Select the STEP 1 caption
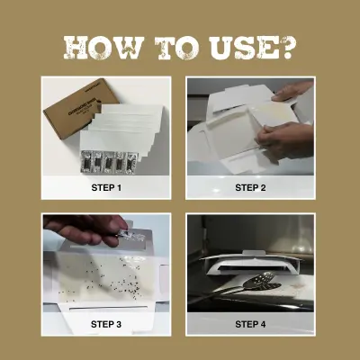106,187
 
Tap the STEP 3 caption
106,323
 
